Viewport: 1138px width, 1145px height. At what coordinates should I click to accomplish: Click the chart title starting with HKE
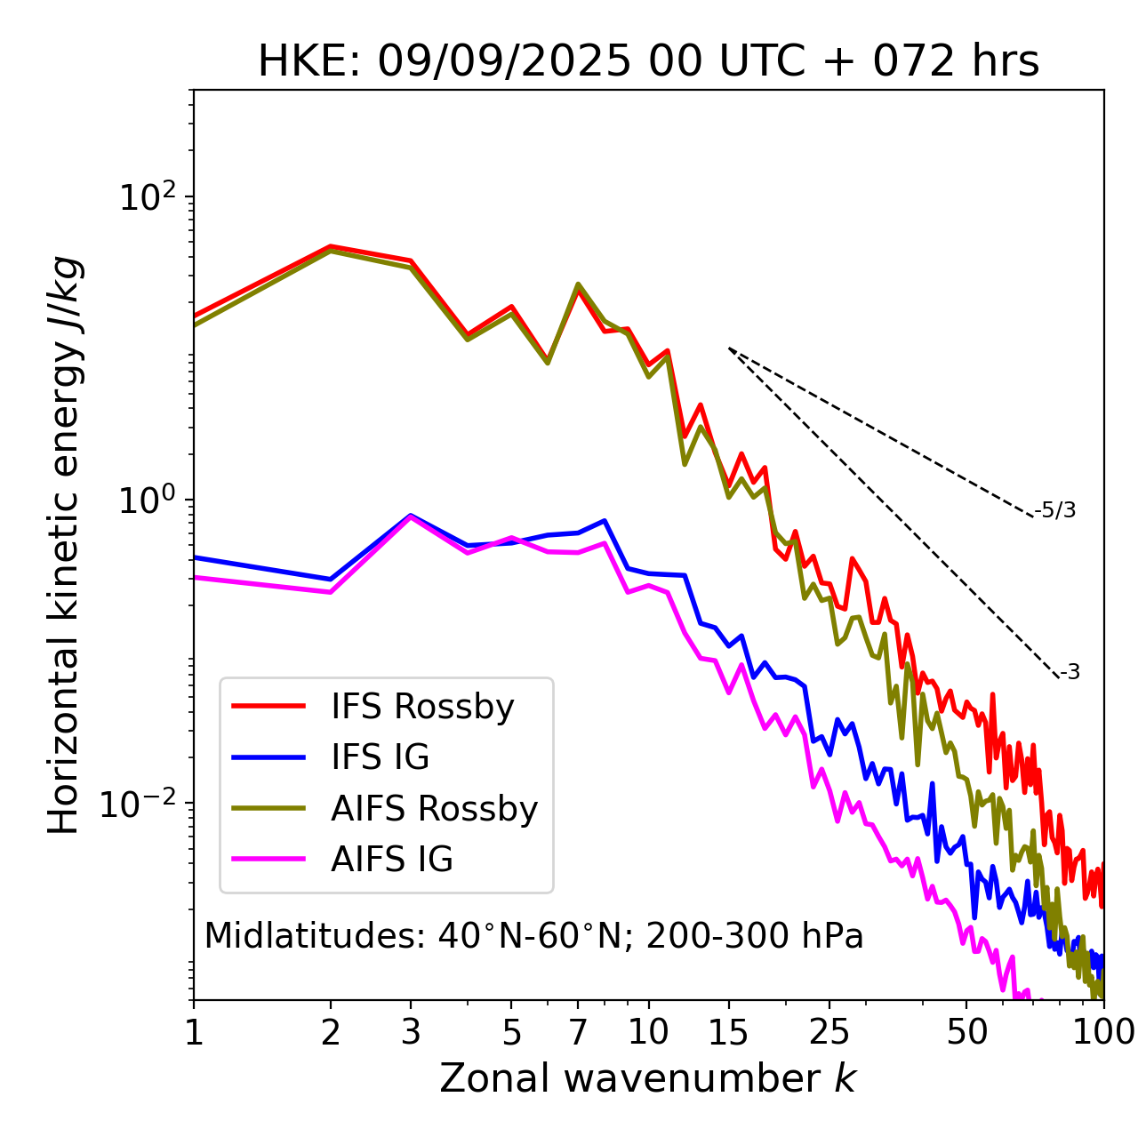pyautogui.click(x=648, y=62)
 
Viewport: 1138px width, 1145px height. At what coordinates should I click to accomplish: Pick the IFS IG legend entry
pyautogui.click(x=380, y=757)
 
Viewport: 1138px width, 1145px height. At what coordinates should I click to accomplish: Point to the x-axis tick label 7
pyautogui.click(x=578, y=1032)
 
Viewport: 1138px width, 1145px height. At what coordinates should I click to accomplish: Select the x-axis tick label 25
pyautogui.click(x=829, y=1032)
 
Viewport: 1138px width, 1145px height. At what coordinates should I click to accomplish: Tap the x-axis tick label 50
pyautogui.click(x=967, y=1032)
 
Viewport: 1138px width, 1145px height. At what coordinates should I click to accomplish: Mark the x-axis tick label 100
pyautogui.click(x=1103, y=1032)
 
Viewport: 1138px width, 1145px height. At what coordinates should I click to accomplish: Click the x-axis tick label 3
pyautogui.click(x=410, y=1032)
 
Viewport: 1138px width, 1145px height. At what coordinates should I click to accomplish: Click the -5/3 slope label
pyautogui.click(x=1055, y=510)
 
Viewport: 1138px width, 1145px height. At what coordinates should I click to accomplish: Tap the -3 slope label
pyautogui.click(x=1070, y=673)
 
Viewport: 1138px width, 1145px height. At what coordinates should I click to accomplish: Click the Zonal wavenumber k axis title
pyautogui.click(x=648, y=1078)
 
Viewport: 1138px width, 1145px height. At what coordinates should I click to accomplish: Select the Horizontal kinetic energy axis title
pyautogui.click(x=64, y=545)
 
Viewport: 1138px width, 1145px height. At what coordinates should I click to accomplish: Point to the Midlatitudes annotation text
pyautogui.click(x=533, y=936)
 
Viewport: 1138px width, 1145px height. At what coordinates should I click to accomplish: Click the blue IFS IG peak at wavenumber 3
pyautogui.click(x=410, y=515)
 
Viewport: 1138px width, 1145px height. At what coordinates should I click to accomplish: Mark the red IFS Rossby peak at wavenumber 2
pyautogui.click(x=331, y=246)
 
